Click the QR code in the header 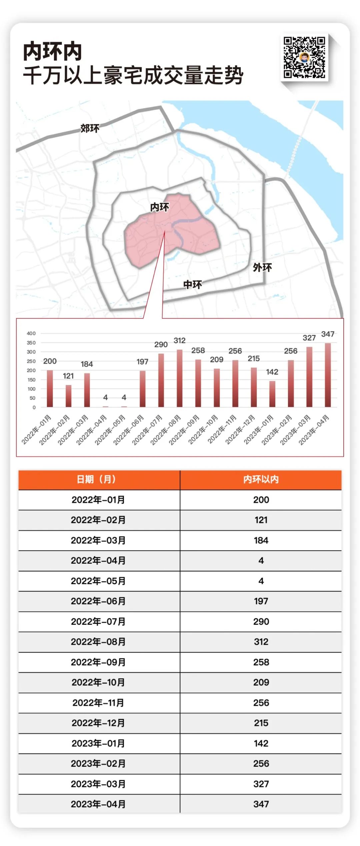pyautogui.click(x=304, y=57)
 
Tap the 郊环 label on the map pyautogui.click(x=90, y=128)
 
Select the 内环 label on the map pyautogui.click(x=160, y=207)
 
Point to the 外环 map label pyautogui.click(x=262, y=267)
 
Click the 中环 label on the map pyautogui.click(x=193, y=285)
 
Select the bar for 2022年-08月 pyautogui.click(x=180, y=378)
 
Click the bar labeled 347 pyautogui.click(x=328, y=375)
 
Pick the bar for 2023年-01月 pyautogui.click(x=272, y=394)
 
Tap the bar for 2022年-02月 pyautogui.click(x=68, y=396)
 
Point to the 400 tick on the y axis pyautogui.click(x=31, y=333)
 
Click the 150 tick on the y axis pyautogui.click(x=31, y=380)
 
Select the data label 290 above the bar pyautogui.click(x=161, y=345)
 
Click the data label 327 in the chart pyautogui.click(x=309, y=338)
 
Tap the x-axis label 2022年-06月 pyautogui.click(x=128, y=430)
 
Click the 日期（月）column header pyautogui.click(x=96, y=479)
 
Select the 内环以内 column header pyautogui.click(x=261, y=479)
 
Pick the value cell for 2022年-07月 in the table pyautogui.click(x=261, y=622)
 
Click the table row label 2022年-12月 pyautogui.click(x=98, y=723)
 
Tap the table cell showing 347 pyautogui.click(x=261, y=804)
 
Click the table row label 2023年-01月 pyautogui.click(x=98, y=743)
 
